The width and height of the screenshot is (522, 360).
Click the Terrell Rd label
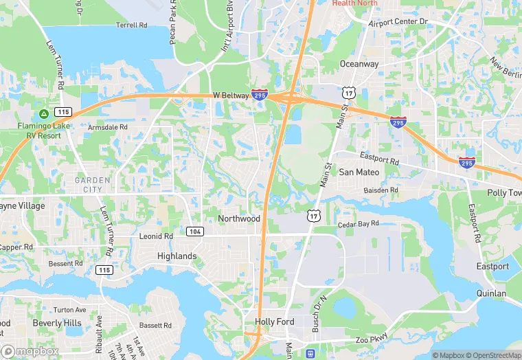point(132,25)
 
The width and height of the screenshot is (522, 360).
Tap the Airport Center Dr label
point(398,22)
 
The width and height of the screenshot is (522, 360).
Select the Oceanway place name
point(359,64)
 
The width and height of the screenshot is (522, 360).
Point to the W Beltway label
point(229,95)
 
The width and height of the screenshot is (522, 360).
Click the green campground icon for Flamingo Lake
point(43,113)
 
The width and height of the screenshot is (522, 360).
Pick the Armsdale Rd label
point(108,127)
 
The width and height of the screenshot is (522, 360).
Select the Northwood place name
point(239,218)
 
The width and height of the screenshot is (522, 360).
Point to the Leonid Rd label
point(156,236)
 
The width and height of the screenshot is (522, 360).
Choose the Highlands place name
point(177,256)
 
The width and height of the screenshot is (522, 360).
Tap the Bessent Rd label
point(65,263)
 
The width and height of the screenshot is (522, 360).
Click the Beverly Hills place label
point(56,323)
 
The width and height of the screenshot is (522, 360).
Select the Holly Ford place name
point(274,322)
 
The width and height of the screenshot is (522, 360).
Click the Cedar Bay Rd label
point(359,224)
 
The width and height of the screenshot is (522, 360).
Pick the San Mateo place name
point(359,172)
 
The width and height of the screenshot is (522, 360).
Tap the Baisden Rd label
point(381,190)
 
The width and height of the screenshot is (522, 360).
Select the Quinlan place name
point(491,293)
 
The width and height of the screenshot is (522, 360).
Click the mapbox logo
point(30,350)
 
